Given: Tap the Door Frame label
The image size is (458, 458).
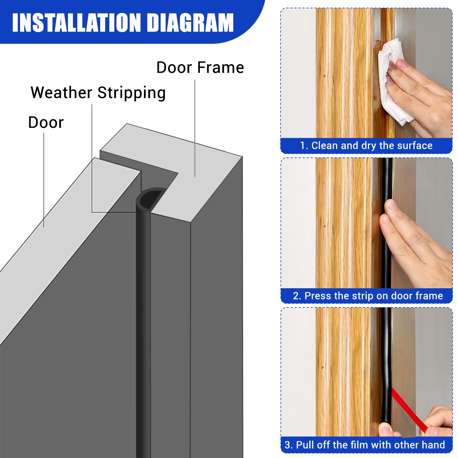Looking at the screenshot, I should click(200, 68).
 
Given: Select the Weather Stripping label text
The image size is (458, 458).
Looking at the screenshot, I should click(98, 93).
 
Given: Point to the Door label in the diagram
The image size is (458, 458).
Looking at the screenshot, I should click(46, 123).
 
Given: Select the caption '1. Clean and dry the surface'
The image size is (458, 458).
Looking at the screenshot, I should click(366, 146).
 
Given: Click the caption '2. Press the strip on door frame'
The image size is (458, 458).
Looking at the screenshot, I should click(368, 296).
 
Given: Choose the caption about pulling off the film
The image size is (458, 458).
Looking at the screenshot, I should click(365, 445).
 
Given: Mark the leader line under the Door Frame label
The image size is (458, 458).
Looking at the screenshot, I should click(195, 129).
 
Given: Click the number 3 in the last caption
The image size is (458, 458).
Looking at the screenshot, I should click(287, 445).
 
